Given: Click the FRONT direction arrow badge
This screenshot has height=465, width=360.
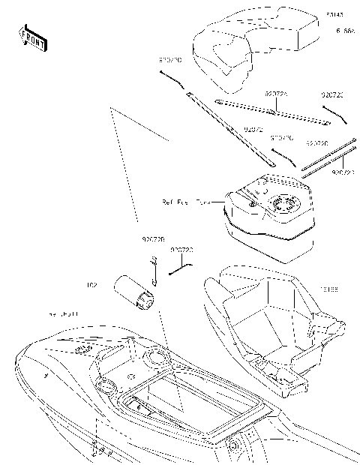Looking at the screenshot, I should pyautogui.click(x=31, y=38).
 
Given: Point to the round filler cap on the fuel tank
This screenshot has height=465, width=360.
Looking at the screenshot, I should pyautogui.click(x=286, y=203).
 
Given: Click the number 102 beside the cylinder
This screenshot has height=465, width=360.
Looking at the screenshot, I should pyautogui.click(x=91, y=285).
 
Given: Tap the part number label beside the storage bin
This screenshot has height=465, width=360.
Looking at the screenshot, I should pyautogui.click(x=329, y=288).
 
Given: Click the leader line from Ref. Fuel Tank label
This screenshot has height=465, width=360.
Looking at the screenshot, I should pyautogui.click(x=217, y=202).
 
